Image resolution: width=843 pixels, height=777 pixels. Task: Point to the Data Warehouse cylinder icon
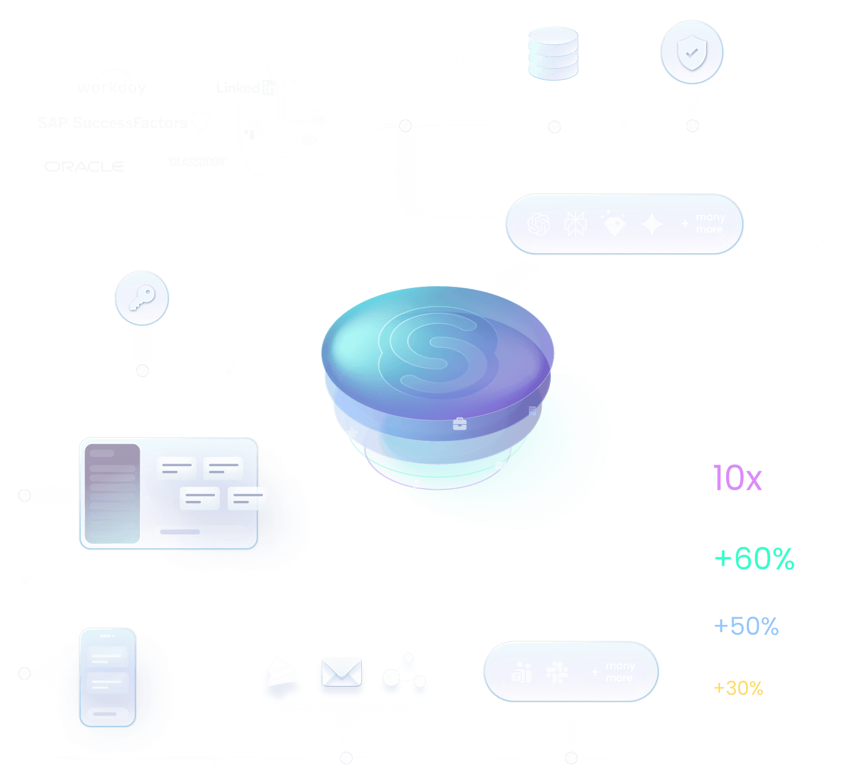coord(553,53)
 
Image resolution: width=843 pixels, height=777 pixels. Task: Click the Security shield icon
coord(692,53)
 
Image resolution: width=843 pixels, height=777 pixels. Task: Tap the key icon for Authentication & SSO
coord(142,298)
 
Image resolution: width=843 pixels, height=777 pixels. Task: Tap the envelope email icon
coord(341,674)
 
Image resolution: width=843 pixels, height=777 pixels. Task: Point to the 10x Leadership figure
coord(738,478)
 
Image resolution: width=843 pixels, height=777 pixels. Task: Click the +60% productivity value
coord(754,558)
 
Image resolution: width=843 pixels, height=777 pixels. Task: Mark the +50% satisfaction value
coord(746,626)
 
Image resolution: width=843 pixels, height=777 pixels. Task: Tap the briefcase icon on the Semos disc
coord(460,424)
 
